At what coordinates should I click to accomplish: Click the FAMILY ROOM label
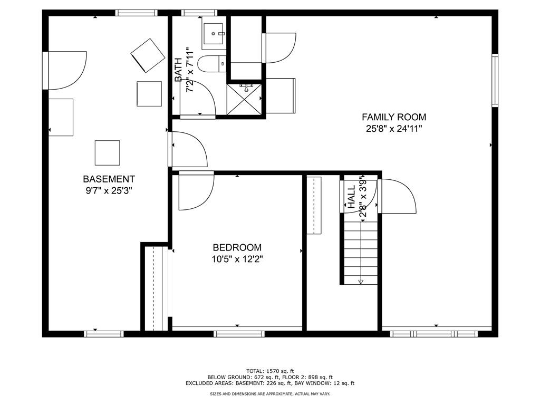pyautogui.click(x=393, y=117)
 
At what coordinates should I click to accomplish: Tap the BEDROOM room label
pyautogui.click(x=237, y=247)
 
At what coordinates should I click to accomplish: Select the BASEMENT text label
pyautogui.click(x=109, y=179)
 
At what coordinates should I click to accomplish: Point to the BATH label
pyautogui.click(x=178, y=70)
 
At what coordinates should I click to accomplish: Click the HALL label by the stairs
pyautogui.click(x=351, y=197)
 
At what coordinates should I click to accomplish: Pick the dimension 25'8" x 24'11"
pyautogui.click(x=394, y=129)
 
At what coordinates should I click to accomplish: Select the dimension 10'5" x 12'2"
pyautogui.click(x=237, y=259)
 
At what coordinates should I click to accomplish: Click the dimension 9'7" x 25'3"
pyautogui.click(x=109, y=190)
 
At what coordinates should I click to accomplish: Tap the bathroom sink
pyautogui.click(x=213, y=34)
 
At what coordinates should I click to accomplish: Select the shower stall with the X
pyautogui.click(x=244, y=99)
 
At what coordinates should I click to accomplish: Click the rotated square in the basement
pyautogui.click(x=148, y=55)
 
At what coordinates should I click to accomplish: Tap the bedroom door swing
pyautogui.click(x=196, y=190)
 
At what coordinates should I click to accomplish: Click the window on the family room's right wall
pyautogui.click(x=495, y=80)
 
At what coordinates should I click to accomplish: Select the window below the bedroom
pyautogui.click(x=239, y=334)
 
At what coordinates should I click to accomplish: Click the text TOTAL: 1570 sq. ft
pyautogui.click(x=270, y=371)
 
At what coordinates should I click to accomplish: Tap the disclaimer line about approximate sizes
pyautogui.click(x=270, y=393)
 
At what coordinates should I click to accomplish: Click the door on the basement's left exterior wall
pyautogui.click(x=65, y=70)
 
